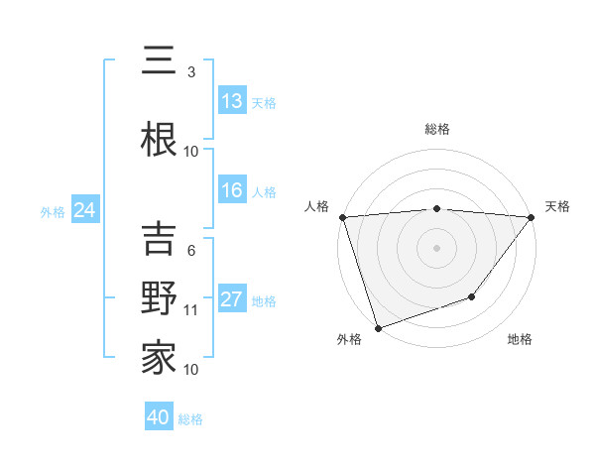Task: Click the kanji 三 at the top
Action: point(159,61)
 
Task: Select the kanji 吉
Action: point(159,239)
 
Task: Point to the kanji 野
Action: point(159,298)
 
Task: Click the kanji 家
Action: point(159,357)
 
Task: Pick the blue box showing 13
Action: point(232,102)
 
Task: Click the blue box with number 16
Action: point(232,191)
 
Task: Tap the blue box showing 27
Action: point(232,300)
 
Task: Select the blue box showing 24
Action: point(84,210)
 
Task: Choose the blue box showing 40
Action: point(159,417)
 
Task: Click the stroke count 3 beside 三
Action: point(191,72)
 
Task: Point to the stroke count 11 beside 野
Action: point(191,310)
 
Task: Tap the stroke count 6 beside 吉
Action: point(191,251)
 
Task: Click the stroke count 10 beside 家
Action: point(191,370)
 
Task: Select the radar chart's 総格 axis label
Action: point(437,129)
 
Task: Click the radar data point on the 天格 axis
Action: point(532,217)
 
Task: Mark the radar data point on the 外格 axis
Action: point(378,327)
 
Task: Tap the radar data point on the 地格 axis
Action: point(473,296)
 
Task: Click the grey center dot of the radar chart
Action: point(437,247)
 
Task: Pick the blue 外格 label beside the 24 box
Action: point(53,211)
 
